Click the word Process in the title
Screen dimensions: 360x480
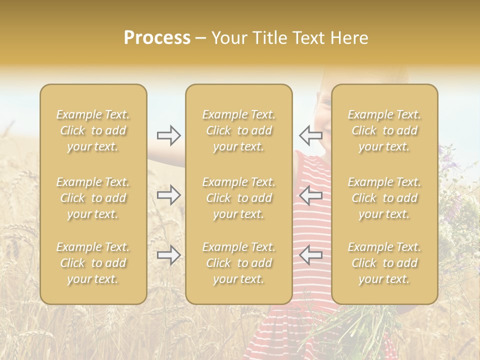(157, 38)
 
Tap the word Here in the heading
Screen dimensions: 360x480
(349, 38)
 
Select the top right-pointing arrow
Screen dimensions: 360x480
(168, 135)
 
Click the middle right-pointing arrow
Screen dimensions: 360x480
(168, 195)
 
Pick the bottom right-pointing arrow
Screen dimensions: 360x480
(168, 255)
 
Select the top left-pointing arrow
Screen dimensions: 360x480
(310, 135)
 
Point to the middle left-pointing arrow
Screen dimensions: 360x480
(310, 195)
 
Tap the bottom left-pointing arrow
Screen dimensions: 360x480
(310, 255)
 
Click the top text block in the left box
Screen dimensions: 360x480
(93, 130)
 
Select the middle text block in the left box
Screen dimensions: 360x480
(93, 198)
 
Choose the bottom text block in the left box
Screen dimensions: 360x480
(93, 263)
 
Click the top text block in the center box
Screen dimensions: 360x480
(238, 130)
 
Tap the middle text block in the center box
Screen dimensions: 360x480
(238, 198)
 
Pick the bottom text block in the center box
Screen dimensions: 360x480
(238, 263)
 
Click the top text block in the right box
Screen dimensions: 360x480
(384, 130)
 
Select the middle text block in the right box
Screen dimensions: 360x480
(384, 198)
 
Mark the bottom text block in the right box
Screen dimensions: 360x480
(384, 263)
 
